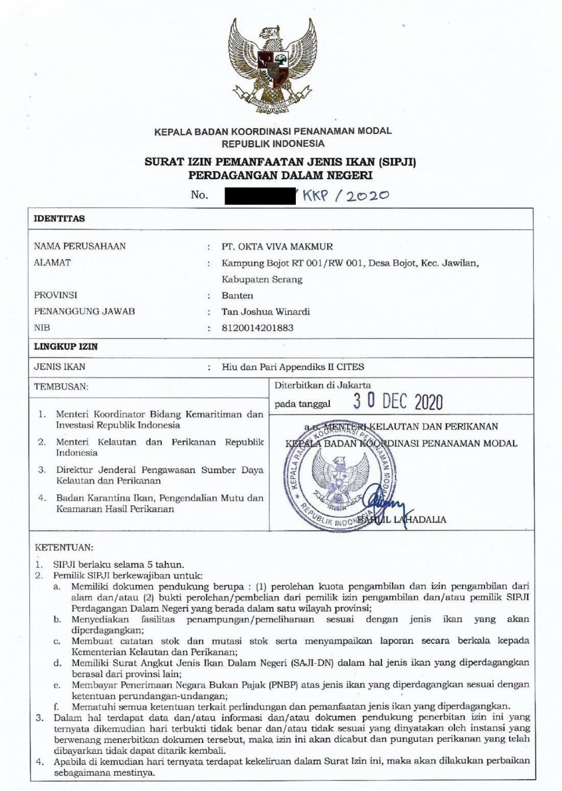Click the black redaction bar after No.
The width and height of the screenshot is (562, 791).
[261, 195]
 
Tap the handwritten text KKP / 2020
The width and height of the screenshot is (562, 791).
[344, 195]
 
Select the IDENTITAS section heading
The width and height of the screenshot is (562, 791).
[60, 218]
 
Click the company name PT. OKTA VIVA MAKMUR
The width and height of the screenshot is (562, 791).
[277, 246]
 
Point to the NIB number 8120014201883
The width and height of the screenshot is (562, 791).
[257, 328]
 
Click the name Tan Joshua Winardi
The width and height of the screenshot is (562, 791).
[266, 312]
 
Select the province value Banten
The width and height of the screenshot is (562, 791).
[237, 295]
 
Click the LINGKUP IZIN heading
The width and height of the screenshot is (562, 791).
[66, 347]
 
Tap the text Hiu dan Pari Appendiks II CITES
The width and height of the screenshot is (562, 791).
[293, 367]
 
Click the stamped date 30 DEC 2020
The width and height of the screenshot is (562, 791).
[397, 402]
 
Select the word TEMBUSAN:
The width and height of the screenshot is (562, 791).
[61, 387]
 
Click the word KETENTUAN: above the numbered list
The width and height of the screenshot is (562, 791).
[64, 547]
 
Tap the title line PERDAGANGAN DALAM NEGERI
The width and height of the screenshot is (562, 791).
[280, 176]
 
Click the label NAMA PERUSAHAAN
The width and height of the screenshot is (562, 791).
[80, 246]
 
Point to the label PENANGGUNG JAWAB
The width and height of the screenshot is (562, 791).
[85, 312]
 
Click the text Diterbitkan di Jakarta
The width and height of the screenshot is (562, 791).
[323, 386]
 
